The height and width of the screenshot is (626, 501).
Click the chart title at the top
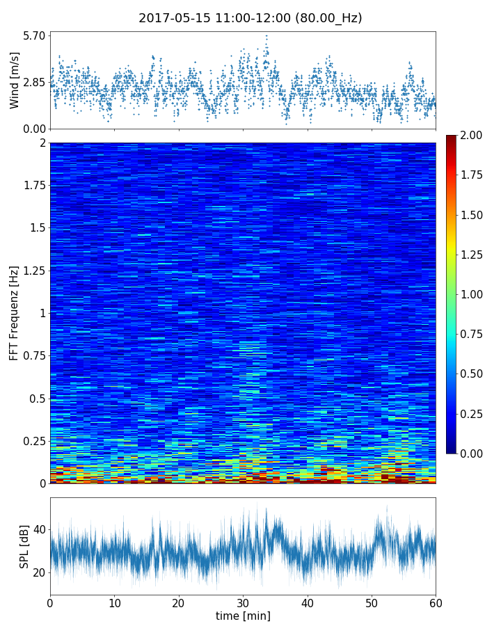pyautogui.click(x=250, y=18)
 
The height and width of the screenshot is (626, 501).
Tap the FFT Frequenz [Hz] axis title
pyautogui.click(x=15, y=313)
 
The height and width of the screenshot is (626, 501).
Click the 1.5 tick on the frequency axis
pyautogui.click(x=36, y=228)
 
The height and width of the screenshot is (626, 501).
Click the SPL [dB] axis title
pyautogui.click(x=24, y=546)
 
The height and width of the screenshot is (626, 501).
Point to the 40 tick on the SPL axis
pyautogui.click(x=39, y=529)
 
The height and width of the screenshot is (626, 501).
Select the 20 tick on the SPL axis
pyautogui.click(x=39, y=572)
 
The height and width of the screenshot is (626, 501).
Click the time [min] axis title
pyautogui.click(x=243, y=616)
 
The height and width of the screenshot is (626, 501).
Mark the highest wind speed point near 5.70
pyautogui.click(x=266, y=35)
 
